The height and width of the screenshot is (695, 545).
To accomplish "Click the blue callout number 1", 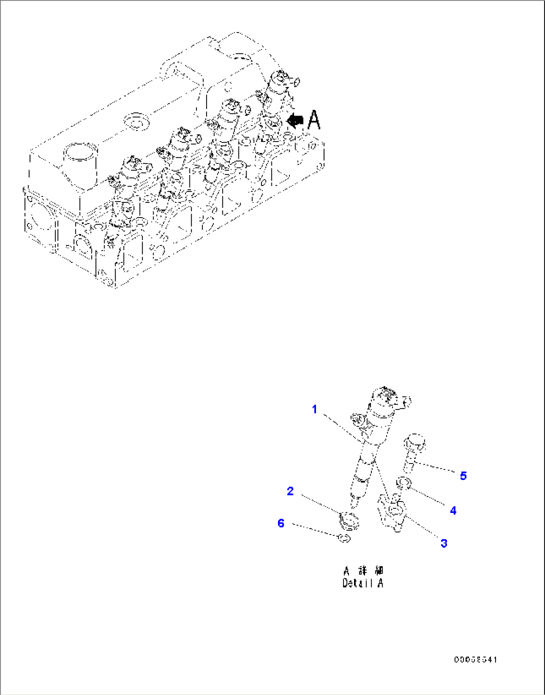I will (x=314, y=409).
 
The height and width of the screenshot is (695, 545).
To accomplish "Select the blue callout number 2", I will (x=290, y=491).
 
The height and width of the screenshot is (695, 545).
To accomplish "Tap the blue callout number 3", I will (x=443, y=543).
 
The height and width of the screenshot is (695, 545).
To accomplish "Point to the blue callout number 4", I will (x=453, y=510).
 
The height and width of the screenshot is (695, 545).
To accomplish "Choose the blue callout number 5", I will (x=463, y=475).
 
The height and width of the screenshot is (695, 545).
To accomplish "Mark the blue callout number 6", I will (x=281, y=523).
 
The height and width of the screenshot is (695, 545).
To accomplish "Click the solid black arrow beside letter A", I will (x=294, y=120).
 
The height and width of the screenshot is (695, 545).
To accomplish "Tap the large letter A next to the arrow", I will (x=313, y=120).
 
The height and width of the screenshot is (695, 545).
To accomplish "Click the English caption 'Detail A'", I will (x=362, y=583).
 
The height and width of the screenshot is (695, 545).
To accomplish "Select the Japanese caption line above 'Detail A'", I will (x=363, y=570).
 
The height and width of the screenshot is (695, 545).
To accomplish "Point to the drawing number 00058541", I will (x=475, y=660).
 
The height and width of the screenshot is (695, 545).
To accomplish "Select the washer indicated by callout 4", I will (x=403, y=482).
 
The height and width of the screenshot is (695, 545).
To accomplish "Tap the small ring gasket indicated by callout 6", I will (x=344, y=538).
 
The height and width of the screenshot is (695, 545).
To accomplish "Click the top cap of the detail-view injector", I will (x=385, y=394).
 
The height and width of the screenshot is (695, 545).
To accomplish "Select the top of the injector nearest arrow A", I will (x=280, y=77).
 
